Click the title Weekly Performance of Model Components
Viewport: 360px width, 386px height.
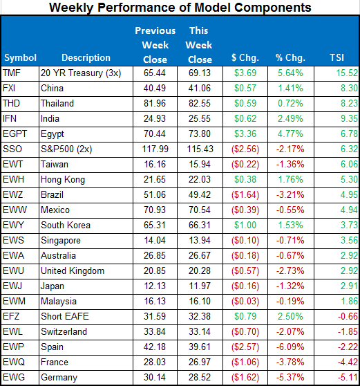pyautogui.click(x=180, y=8)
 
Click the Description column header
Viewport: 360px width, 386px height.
pyautogui.click(x=86, y=57)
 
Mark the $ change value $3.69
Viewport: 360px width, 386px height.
pyautogui.click(x=246, y=72)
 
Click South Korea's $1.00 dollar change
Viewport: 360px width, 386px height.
pyautogui.click(x=246, y=224)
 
